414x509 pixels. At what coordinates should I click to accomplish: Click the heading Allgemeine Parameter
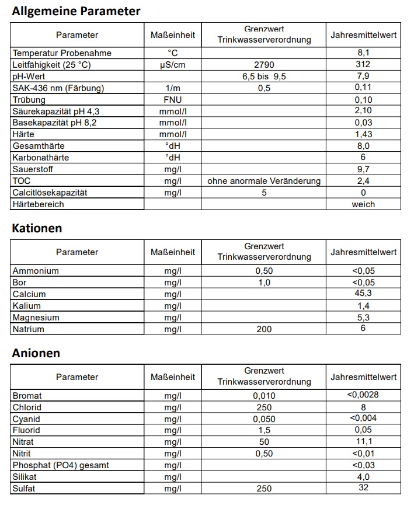pyautogui.click(x=76, y=11)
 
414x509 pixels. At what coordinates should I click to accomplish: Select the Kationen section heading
pyautogui.click(x=37, y=228)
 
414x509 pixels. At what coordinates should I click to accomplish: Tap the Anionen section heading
pyautogui.click(x=36, y=353)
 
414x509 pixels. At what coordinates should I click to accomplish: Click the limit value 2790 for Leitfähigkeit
pyautogui.click(x=264, y=65)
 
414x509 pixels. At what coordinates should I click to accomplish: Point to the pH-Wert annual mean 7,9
pyautogui.click(x=363, y=76)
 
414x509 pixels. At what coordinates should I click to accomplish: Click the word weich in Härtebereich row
pyautogui.click(x=363, y=204)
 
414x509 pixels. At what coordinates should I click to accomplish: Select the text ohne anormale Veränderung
pyautogui.click(x=264, y=181)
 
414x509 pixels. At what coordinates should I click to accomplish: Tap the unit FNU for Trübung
pyautogui.click(x=173, y=100)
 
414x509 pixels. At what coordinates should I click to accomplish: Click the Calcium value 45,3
pyautogui.click(x=363, y=294)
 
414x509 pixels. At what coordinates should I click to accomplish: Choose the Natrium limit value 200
pyautogui.click(x=264, y=329)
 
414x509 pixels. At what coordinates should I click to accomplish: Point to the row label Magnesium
pyautogui.click(x=36, y=318)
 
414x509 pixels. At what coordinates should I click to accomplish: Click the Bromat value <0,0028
pyautogui.click(x=363, y=395)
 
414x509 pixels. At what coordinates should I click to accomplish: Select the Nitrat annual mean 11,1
pyautogui.click(x=363, y=442)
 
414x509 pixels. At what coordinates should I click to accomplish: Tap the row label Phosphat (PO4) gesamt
pyautogui.click(x=61, y=465)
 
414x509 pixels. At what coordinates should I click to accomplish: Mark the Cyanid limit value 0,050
pyautogui.click(x=264, y=419)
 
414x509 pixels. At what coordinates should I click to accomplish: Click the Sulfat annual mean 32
pyautogui.click(x=363, y=487)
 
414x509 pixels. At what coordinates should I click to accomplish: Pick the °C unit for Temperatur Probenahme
pyautogui.click(x=173, y=53)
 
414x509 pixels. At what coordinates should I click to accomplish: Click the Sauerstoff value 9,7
pyautogui.click(x=363, y=169)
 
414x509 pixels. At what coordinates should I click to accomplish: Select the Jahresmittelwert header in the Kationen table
pyautogui.click(x=363, y=252)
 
